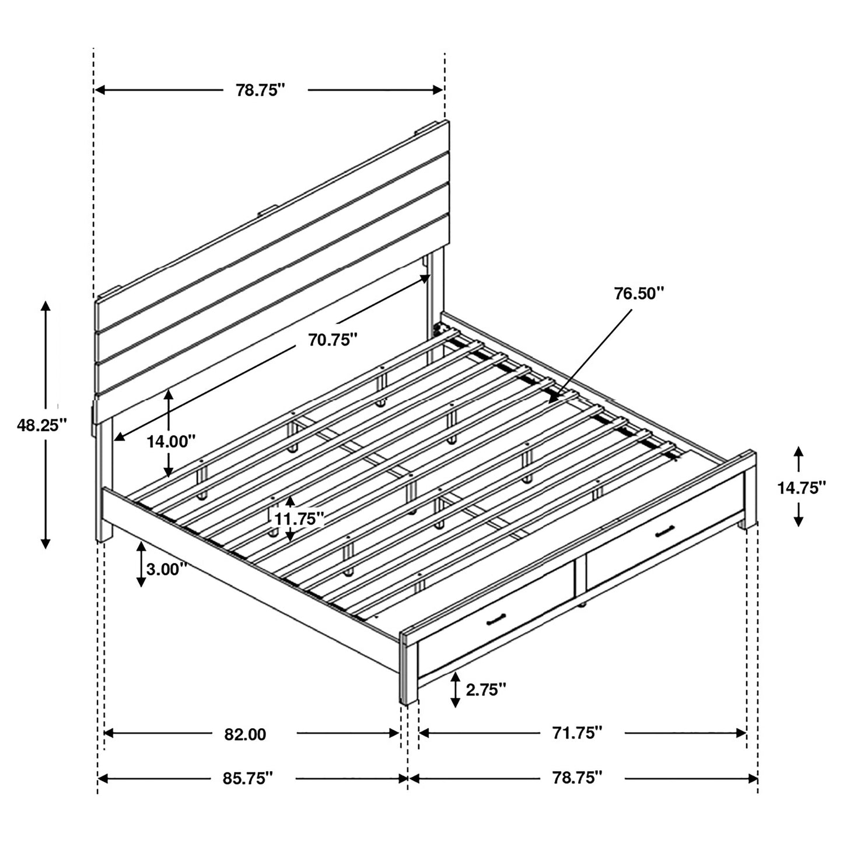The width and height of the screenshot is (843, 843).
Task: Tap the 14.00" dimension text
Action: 170,442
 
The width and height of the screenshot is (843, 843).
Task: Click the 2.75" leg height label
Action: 485,690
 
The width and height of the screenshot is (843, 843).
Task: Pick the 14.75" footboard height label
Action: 801,488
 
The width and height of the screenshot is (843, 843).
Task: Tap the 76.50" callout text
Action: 639,293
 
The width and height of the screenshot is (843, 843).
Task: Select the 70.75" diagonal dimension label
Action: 333,340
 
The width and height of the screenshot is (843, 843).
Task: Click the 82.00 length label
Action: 245,734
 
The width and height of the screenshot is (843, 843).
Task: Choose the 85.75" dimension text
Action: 249,778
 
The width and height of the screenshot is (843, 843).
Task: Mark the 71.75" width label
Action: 578,733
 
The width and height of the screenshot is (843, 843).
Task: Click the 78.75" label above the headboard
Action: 260,90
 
